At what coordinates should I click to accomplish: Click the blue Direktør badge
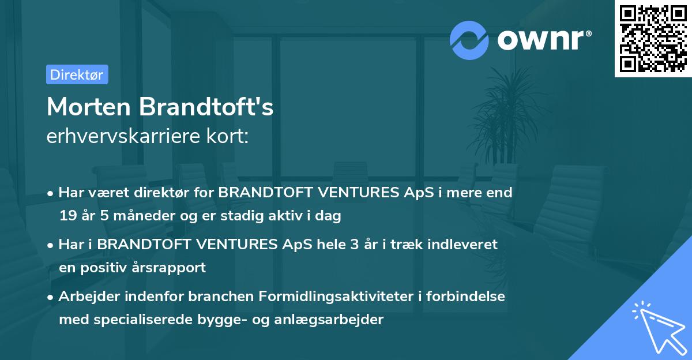(77, 74)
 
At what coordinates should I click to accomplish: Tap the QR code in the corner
(652, 39)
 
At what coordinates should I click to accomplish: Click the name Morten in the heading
(87, 107)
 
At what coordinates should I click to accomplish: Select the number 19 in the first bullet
(67, 216)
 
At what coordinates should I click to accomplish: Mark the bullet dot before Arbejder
(51, 297)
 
